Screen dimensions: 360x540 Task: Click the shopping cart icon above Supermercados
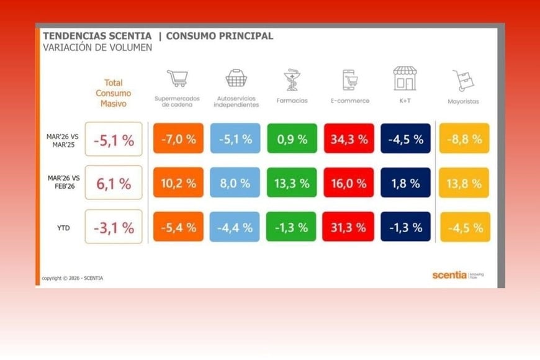click(177, 79)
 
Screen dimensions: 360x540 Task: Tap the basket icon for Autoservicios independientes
click(236, 78)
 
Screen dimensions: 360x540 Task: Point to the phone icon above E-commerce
click(349, 80)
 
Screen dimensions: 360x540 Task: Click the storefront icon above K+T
click(405, 79)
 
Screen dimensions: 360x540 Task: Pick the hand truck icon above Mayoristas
click(463, 80)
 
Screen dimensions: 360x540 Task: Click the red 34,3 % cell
click(349, 138)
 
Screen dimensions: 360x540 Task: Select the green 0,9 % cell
click(292, 138)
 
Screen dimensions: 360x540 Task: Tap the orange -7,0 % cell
click(178, 138)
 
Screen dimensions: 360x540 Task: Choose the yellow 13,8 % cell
click(464, 183)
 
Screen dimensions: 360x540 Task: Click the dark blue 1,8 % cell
click(405, 183)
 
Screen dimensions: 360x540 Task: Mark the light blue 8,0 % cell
click(235, 183)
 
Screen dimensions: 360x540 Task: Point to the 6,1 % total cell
click(114, 183)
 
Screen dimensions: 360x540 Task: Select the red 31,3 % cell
click(349, 227)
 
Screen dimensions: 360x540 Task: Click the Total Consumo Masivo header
click(114, 93)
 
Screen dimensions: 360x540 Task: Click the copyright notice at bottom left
click(73, 278)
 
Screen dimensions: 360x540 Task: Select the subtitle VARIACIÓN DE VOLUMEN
click(97, 48)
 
